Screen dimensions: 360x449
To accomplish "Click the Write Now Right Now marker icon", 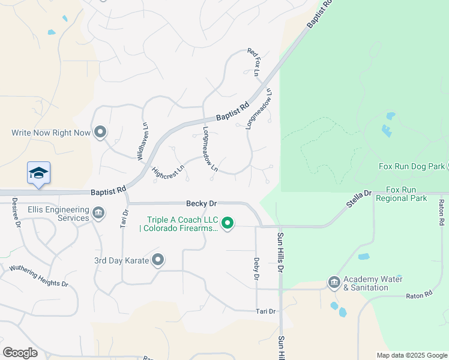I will (x=100, y=132).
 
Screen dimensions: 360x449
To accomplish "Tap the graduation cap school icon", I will (x=38, y=173).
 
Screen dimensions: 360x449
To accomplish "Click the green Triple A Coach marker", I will (x=228, y=223).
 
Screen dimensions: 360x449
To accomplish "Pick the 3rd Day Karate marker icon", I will (x=158, y=260).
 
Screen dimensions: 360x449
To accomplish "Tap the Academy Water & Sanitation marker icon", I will (x=334, y=281).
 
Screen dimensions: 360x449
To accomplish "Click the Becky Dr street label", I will (x=200, y=203).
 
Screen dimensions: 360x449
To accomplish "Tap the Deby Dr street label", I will (x=256, y=269).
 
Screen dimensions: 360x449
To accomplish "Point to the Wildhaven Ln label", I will (x=143, y=142).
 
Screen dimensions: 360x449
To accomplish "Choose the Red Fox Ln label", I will (x=253, y=62).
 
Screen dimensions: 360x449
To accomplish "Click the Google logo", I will (x=20, y=352).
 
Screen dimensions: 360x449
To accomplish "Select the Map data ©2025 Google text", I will (x=412, y=355).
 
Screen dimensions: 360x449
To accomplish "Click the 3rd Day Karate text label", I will (x=121, y=260).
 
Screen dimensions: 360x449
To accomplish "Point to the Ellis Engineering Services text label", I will (x=58, y=214).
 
